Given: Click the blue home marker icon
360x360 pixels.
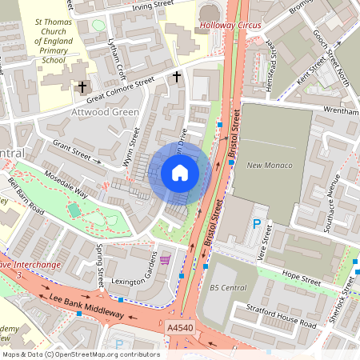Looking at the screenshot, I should coord(180,173).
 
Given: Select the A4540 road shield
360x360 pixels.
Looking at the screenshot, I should coord(181,328).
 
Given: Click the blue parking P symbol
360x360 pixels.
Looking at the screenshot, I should coord(257,225).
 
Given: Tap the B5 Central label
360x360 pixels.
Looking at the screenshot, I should coord(228,287).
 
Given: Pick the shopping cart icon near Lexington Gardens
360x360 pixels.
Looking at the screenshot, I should coord(165,260).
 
